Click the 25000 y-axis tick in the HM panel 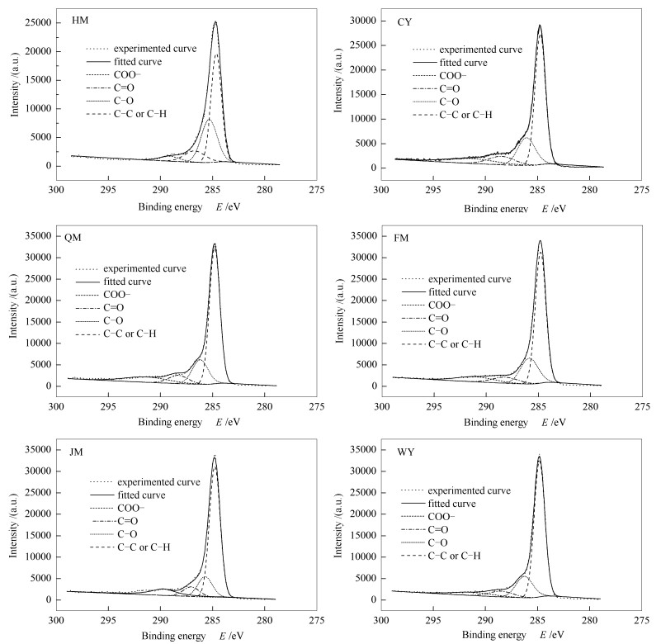[x=38, y=23]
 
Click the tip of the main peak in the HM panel [x=215, y=22]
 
